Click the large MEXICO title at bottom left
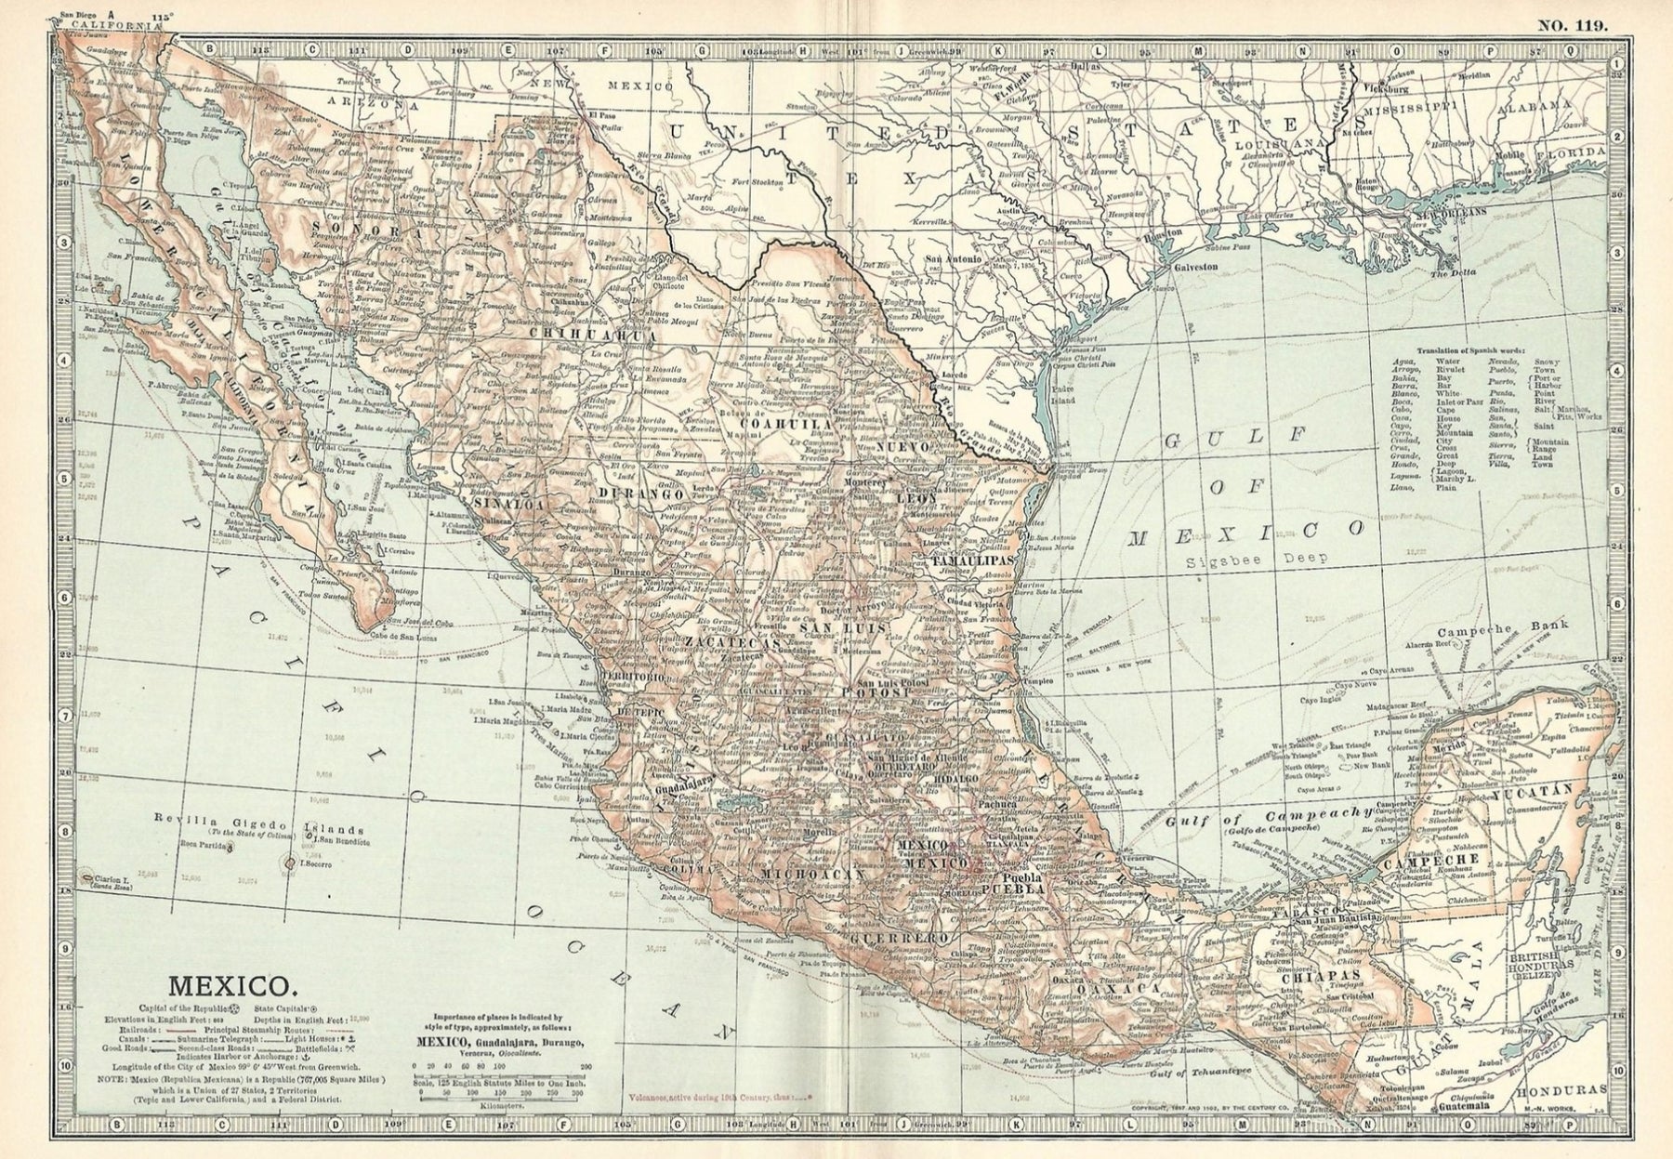click(231, 982)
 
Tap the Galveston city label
click(1198, 266)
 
